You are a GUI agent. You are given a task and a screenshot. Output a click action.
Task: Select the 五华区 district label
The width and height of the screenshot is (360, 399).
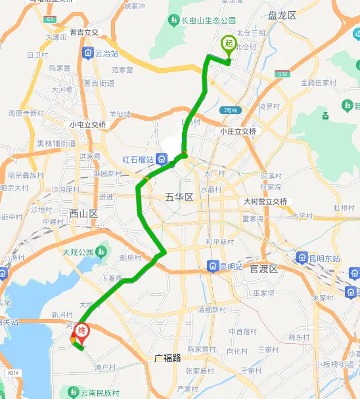click(x=178, y=196)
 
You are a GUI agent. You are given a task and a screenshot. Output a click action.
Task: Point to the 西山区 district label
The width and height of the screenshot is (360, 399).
click(x=83, y=213)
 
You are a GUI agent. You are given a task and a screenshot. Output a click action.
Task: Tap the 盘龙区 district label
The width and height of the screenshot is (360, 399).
click(x=283, y=14)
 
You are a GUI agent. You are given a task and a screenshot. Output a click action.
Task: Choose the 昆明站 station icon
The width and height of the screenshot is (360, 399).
click(x=214, y=266)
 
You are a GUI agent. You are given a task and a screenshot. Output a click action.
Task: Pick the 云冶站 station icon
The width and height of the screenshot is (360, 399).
click(x=87, y=52)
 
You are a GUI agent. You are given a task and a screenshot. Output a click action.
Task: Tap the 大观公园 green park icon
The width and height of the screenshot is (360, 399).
click(x=101, y=251)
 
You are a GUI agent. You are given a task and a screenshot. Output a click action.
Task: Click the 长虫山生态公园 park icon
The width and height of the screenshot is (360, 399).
click(x=173, y=21)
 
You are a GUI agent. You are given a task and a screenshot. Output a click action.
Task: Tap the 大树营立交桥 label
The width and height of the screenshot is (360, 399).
click(x=265, y=201)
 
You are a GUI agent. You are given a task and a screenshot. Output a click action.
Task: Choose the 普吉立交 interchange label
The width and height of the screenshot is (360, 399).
click(x=83, y=32)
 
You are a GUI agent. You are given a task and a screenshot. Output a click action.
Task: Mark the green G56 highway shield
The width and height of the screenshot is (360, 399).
click(x=283, y=74)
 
